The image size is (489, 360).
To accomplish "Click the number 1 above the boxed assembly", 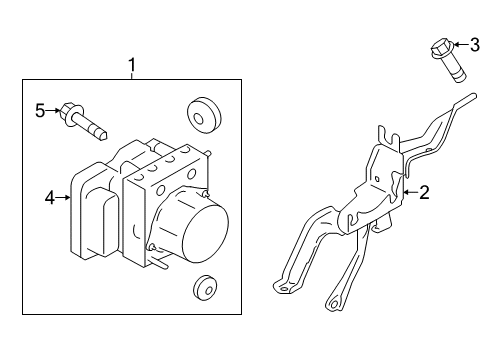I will pyautogui.click(x=132, y=67).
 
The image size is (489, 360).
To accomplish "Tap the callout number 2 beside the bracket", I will pyautogui.click(x=424, y=193).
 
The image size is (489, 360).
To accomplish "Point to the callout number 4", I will pyautogui.click(x=48, y=198).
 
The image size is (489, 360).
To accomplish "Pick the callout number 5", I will pyautogui.click(x=40, y=110).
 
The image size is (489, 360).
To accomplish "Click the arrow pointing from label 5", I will pyautogui.click(x=54, y=110).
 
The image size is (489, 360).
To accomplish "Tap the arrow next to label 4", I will pyautogui.click(x=63, y=198).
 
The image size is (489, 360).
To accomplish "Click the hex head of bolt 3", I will pyautogui.click(x=440, y=46).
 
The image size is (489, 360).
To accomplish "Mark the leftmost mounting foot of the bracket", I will pyautogui.click(x=284, y=287).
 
